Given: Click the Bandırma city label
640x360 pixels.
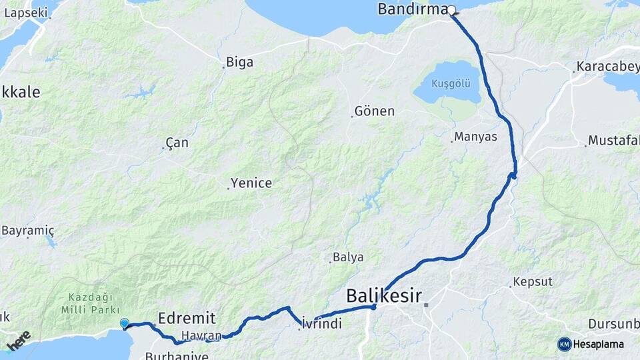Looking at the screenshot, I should pyautogui.click(x=411, y=9).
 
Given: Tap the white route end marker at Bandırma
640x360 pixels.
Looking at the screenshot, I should pyautogui.click(x=451, y=10).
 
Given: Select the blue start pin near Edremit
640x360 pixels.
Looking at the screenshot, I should pyautogui.click(x=125, y=324).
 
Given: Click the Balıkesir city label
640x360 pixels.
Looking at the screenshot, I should pyautogui.click(x=384, y=295).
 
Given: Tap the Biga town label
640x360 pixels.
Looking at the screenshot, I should pyautogui.click(x=239, y=63).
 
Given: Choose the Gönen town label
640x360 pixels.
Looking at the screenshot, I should pyautogui.click(x=375, y=111).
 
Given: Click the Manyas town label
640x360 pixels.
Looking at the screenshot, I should pyautogui.click(x=475, y=137).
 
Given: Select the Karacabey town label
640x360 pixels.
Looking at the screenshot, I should pyautogui.click(x=604, y=67).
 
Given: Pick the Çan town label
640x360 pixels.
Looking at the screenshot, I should pyautogui.click(x=177, y=143).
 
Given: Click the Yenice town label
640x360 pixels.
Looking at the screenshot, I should pyautogui.click(x=251, y=183).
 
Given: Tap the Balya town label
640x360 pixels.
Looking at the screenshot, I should pyautogui.click(x=349, y=257).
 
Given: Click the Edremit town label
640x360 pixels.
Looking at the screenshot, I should pyautogui.click(x=187, y=317).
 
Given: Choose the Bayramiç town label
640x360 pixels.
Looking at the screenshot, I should pyautogui.click(x=27, y=230).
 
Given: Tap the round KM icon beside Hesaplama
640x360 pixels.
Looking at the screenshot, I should pyautogui.click(x=565, y=344).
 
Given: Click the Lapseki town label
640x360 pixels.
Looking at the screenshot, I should pyautogui.click(x=26, y=12).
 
